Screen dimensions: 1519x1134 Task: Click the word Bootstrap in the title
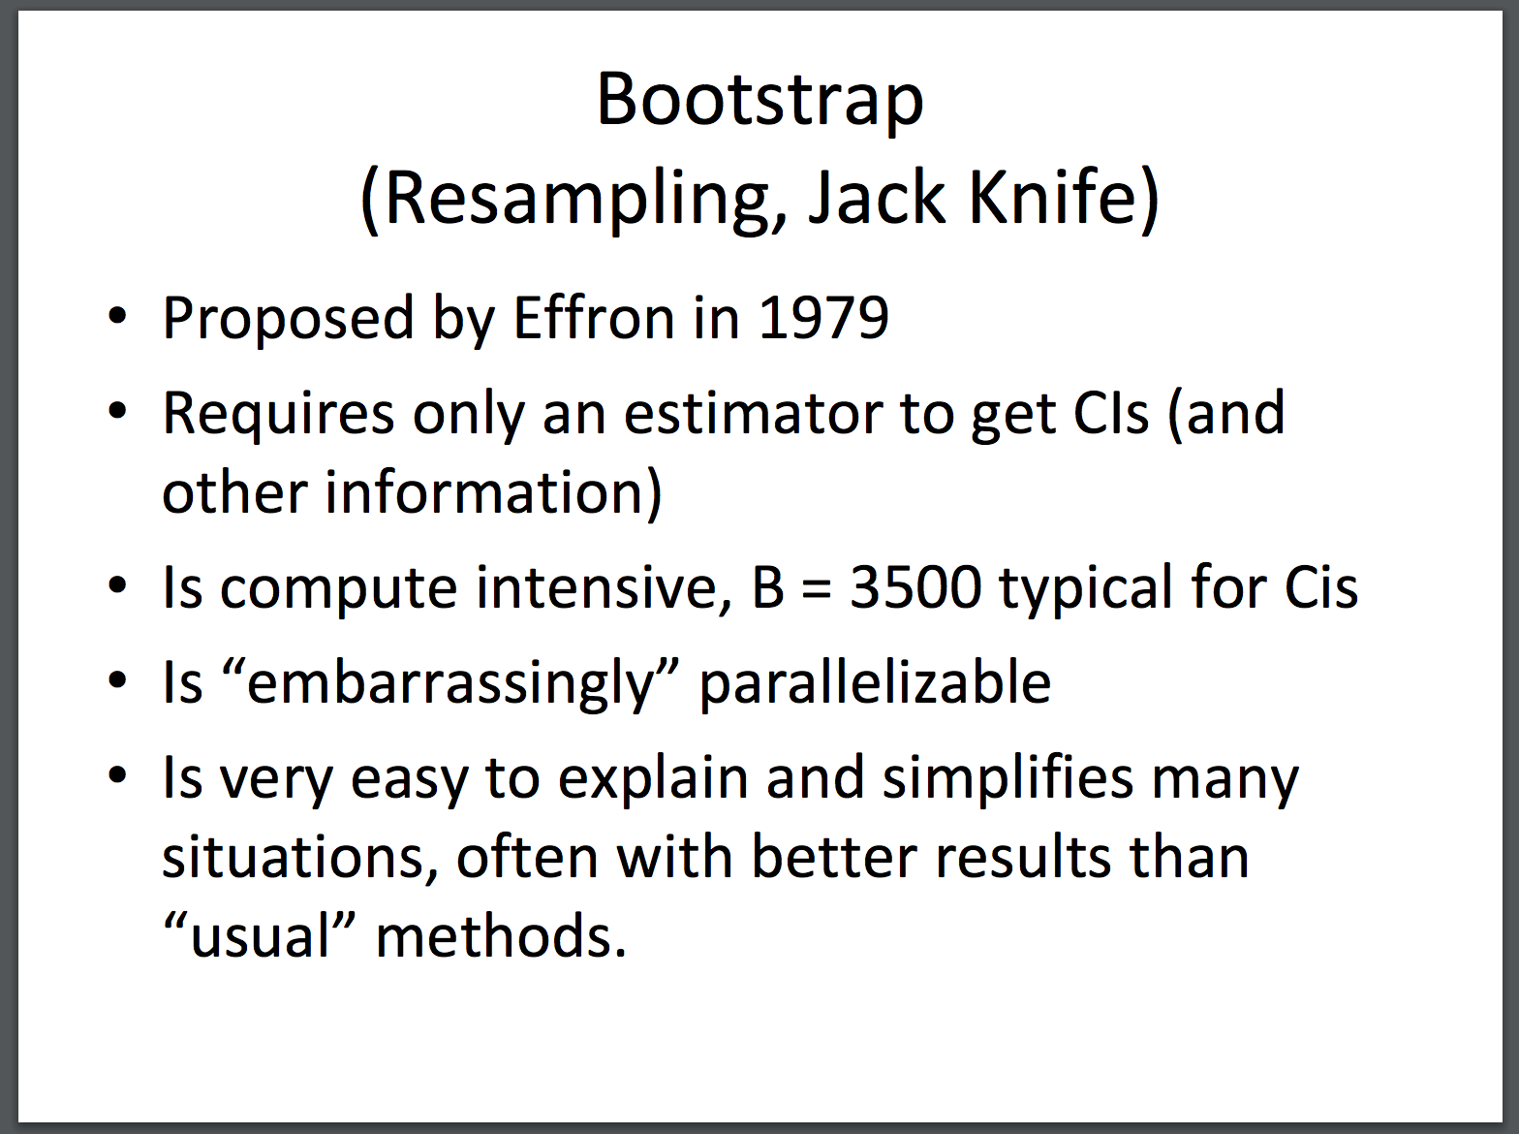pos(759,101)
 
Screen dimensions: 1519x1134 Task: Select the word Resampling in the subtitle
pos(574,199)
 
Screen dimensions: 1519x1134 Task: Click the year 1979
pos(822,319)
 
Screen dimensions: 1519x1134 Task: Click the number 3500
pos(914,587)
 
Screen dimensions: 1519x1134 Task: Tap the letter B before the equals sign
pos(767,587)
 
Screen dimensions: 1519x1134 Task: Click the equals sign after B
pos(817,589)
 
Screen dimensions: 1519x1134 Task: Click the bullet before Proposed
pos(117,316)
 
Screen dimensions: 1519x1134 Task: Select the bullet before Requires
pos(117,411)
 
